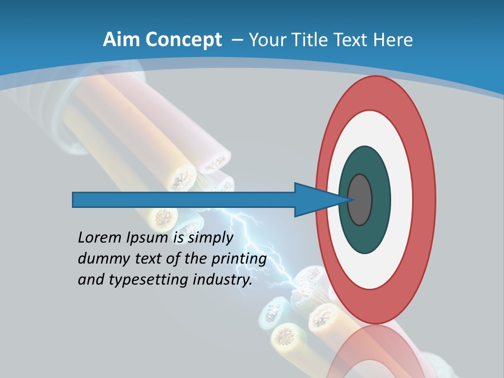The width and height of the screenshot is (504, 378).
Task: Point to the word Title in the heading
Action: tap(315, 39)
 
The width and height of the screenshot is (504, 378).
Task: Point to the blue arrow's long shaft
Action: tap(184, 199)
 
